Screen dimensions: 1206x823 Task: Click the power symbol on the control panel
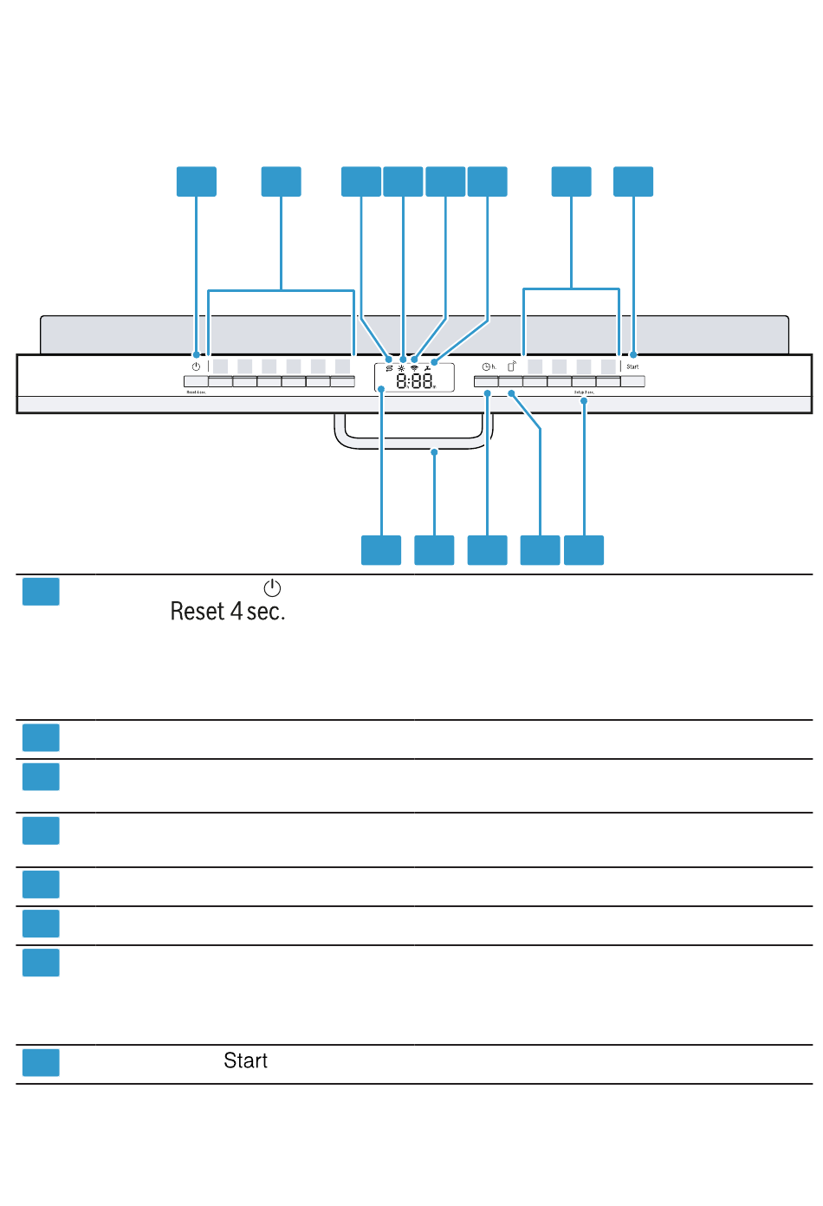pos(196,366)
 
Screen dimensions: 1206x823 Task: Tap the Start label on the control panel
pos(632,366)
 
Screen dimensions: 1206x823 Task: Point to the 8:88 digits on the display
pos(415,380)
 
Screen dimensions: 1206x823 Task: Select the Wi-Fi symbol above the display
pos(414,368)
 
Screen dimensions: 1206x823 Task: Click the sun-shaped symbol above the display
pos(401,368)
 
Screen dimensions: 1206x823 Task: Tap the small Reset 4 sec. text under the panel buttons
pos(196,392)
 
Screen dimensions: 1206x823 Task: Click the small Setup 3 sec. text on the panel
pos(584,392)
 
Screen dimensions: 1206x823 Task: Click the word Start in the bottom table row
pos(245,1061)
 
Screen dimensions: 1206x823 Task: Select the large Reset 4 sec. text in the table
pos(227,612)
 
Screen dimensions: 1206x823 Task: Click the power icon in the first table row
pos(272,588)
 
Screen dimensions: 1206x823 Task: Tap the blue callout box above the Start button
pos(633,182)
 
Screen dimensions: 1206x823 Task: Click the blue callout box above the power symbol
pos(197,182)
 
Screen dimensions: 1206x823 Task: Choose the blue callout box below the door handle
pos(434,550)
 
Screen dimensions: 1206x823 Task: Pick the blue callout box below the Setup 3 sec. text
pos(584,550)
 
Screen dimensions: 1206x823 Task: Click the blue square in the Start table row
pos(41,1062)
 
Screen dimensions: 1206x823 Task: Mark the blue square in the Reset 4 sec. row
pos(41,592)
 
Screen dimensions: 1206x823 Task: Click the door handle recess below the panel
pos(414,431)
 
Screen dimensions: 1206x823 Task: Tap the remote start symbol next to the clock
pos(512,366)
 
